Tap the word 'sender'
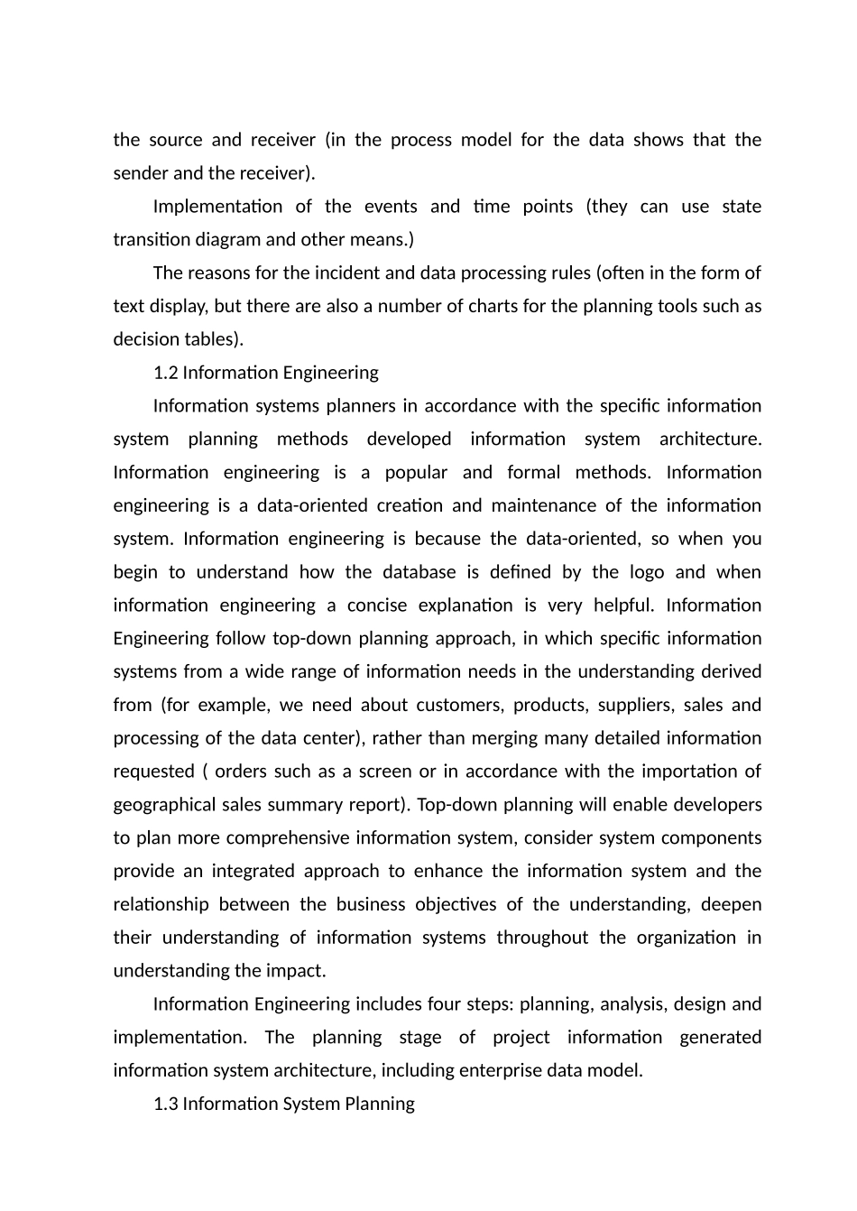pos(139,173)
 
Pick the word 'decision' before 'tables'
pos(146,339)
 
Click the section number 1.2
pos(165,373)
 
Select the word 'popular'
pos(416,473)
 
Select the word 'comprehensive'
pos(288,838)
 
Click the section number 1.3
pos(165,1104)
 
